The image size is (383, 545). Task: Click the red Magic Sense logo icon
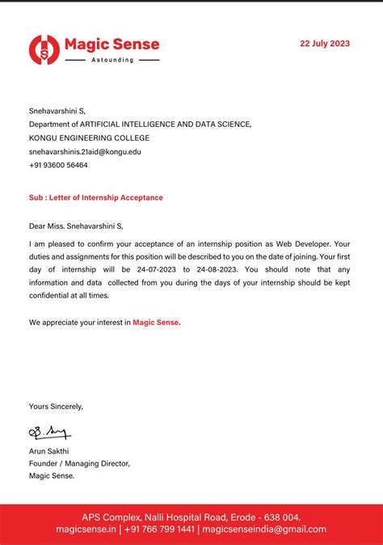coord(44,50)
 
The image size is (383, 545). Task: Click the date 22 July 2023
coord(325,44)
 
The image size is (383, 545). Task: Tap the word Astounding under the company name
coord(112,60)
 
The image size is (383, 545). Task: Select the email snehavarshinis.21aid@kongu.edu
coord(85,151)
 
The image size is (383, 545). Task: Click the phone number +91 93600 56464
coord(58,165)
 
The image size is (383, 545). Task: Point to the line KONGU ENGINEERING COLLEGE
coord(89,137)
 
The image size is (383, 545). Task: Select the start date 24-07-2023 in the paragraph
coord(154,269)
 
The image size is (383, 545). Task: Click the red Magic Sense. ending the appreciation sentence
coord(157,322)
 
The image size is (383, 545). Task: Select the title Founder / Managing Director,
coord(79,463)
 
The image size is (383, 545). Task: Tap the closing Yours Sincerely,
coord(56,406)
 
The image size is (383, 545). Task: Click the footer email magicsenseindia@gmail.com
coord(264,529)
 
